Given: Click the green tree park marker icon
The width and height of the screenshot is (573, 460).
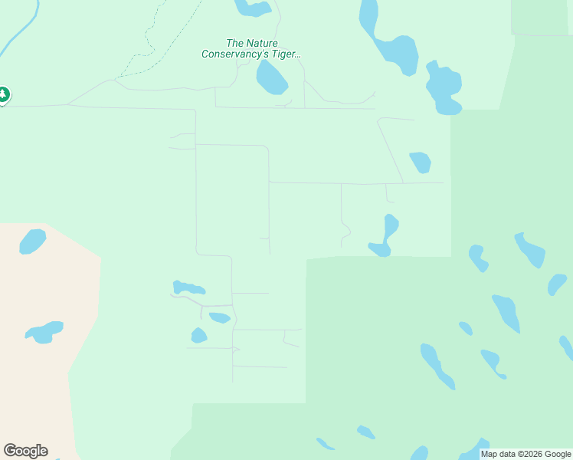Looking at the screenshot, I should click(4, 95).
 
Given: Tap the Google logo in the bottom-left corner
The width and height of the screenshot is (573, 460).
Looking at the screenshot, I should click(25, 451).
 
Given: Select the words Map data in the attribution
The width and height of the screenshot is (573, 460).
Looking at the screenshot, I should click(497, 455).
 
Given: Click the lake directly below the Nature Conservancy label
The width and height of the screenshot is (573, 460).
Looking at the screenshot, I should click(271, 77).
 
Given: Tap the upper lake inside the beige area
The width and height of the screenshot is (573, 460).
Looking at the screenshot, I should click(32, 242).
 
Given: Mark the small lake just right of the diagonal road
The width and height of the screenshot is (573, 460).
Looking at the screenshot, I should click(421, 162).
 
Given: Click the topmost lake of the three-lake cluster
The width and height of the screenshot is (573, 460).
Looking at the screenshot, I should click(188, 288).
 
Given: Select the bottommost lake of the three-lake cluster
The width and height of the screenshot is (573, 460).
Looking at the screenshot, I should click(198, 336).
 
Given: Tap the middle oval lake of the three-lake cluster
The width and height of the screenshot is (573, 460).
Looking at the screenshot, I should click(220, 317).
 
